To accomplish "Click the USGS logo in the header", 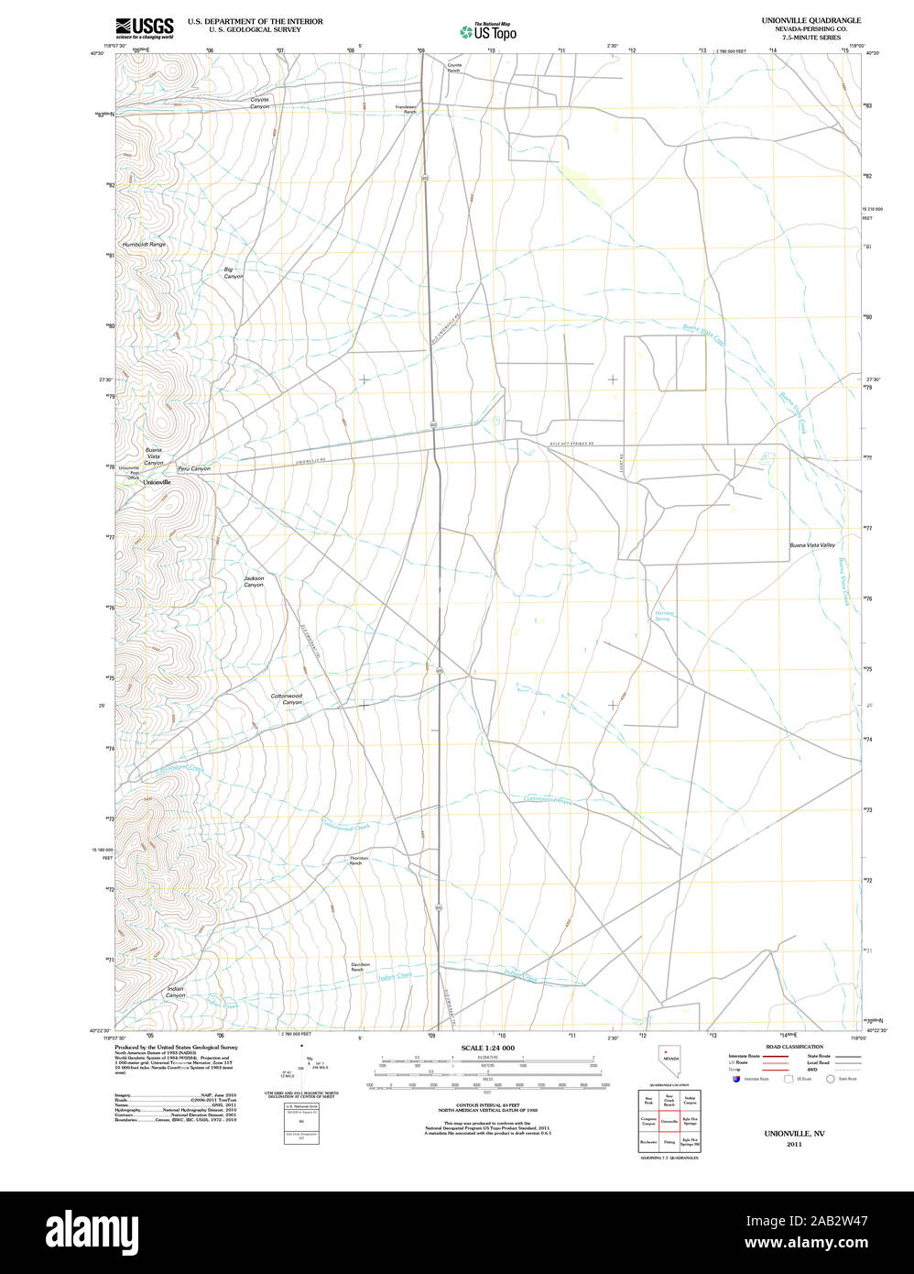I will tap(145, 27).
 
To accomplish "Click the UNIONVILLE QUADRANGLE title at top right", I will tap(811, 20).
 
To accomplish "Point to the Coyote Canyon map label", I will tap(260, 104).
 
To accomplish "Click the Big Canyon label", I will tap(234, 272).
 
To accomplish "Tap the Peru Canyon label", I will tap(194, 468).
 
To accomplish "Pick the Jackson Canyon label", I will tap(254, 581).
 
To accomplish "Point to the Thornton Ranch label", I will tap(356, 861).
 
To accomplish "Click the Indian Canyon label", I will tap(175, 992).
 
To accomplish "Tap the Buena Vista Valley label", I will tap(812, 545).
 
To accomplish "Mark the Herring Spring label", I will tap(663, 616).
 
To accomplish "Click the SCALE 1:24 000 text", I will tap(488, 1048).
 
